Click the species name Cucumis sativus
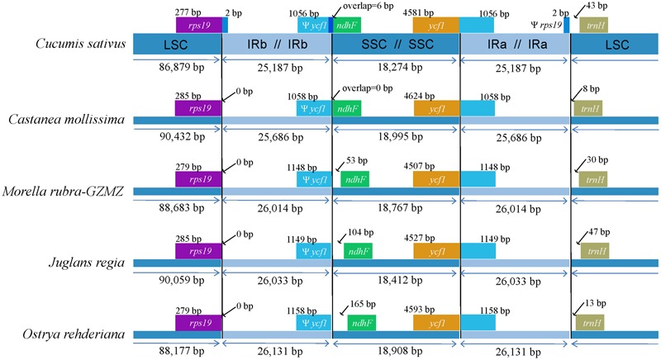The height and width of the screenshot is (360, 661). (80, 44)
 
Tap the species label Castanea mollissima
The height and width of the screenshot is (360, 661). (67, 119)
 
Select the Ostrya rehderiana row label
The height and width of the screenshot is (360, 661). (74, 334)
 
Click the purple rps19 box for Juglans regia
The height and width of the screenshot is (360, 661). (198, 251)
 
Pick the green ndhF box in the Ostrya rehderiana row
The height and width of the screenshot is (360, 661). (362, 324)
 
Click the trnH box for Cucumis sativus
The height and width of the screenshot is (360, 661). (593, 26)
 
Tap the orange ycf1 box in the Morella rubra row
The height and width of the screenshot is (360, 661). (436, 179)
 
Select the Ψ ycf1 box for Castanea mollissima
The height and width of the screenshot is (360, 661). (314, 109)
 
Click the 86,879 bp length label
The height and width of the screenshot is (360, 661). (182, 68)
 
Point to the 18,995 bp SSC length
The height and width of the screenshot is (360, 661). (400, 137)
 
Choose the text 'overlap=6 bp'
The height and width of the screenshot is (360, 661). (368, 6)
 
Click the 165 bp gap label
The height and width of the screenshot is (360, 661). (363, 304)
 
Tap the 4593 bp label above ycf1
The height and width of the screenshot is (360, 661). (419, 310)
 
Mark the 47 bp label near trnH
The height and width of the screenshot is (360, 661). (599, 232)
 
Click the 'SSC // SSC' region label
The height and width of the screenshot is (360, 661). (397, 45)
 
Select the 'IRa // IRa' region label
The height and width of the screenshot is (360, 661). (517, 45)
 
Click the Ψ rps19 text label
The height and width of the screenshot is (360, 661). (546, 26)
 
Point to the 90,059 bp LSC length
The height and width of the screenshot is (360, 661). (182, 280)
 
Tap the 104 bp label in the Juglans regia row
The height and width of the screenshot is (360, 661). (361, 232)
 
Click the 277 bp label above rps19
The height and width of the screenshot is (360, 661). (188, 12)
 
